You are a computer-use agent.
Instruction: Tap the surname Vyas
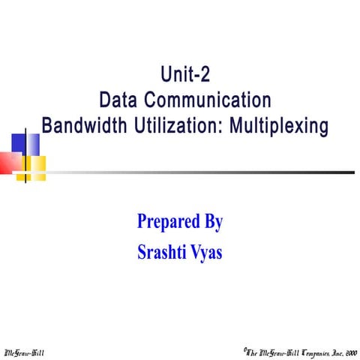(x=206, y=251)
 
